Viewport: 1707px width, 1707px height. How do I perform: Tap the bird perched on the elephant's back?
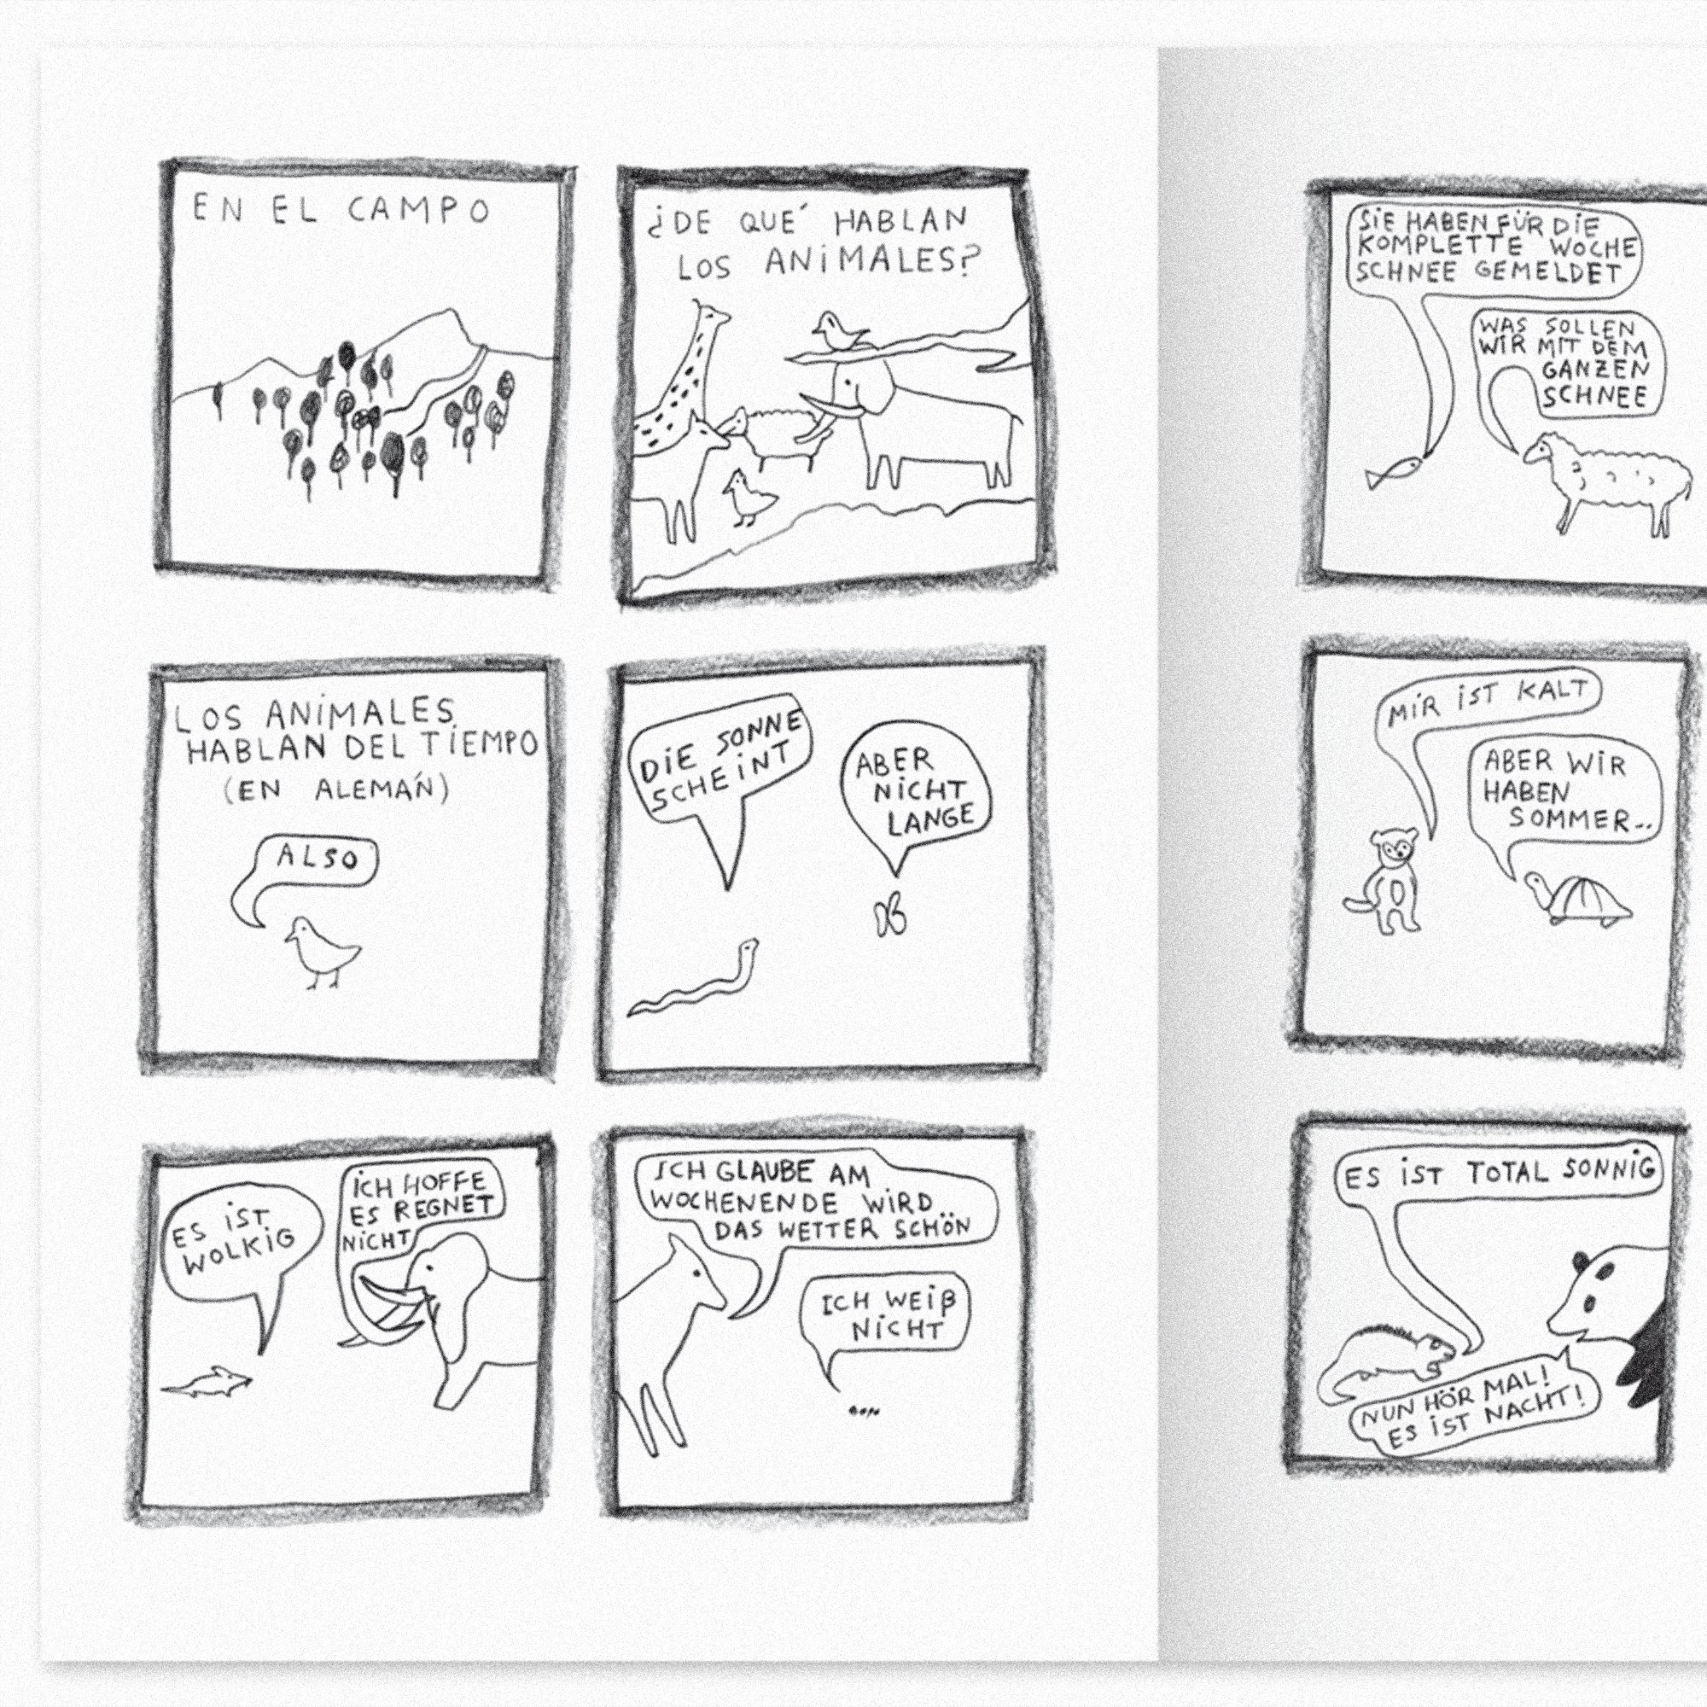[839, 331]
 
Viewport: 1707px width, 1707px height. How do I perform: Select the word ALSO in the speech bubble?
[318, 856]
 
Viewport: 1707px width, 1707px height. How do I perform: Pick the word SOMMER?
[1568, 819]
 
